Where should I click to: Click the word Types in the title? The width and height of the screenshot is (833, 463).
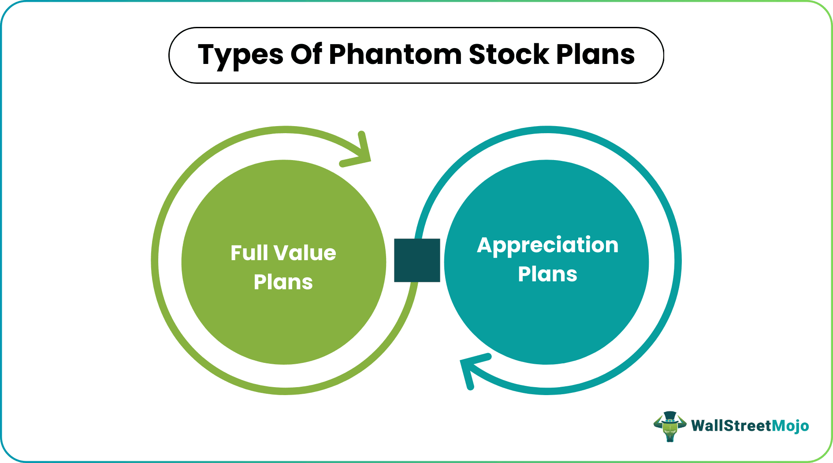click(x=241, y=55)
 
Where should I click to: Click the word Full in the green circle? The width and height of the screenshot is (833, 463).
click(x=249, y=253)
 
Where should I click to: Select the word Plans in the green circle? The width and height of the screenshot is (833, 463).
click(x=283, y=282)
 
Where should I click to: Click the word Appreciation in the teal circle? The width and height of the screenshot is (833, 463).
click(x=547, y=246)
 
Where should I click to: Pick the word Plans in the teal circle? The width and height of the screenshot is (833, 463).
click(x=547, y=274)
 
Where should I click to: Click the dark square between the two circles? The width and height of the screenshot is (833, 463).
click(x=417, y=260)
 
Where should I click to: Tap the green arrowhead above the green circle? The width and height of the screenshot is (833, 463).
click(x=359, y=152)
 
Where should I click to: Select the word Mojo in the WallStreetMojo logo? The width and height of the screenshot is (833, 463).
click(x=790, y=426)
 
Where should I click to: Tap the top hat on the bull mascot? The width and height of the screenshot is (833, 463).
click(x=670, y=416)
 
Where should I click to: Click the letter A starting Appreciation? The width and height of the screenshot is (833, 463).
click(x=485, y=245)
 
